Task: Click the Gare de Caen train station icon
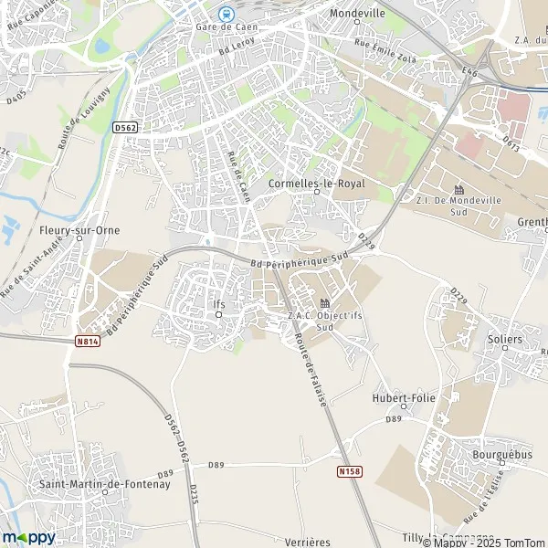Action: click(x=225, y=13)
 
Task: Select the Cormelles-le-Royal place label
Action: click(x=317, y=184)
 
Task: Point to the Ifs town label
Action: click(x=217, y=304)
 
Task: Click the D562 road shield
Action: click(x=127, y=128)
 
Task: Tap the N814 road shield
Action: click(x=87, y=340)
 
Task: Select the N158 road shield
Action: click(x=347, y=472)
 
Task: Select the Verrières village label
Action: click(x=307, y=542)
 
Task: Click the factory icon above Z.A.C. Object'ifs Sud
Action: click(x=323, y=303)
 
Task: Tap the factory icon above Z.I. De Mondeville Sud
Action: click(x=459, y=189)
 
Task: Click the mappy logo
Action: click(x=28, y=537)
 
